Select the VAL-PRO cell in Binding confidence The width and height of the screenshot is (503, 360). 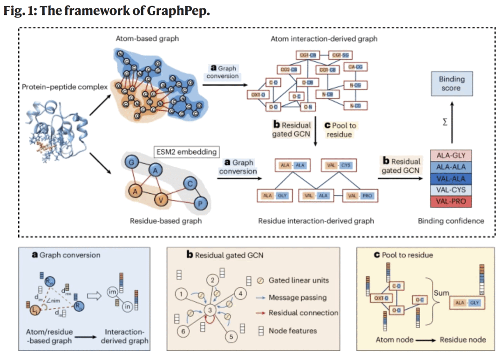tap(451, 202)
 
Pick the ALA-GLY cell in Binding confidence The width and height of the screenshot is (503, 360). tap(451, 155)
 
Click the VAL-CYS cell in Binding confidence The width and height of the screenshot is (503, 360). tap(451, 190)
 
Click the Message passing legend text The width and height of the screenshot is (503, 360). tap(297, 297)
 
